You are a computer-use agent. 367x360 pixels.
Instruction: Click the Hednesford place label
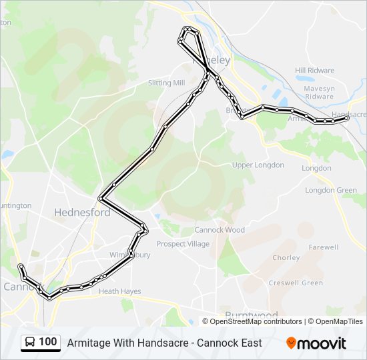tap(82, 213)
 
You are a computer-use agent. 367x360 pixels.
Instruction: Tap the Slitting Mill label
tap(166, 83)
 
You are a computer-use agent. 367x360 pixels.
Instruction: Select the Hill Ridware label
tap(315, 70)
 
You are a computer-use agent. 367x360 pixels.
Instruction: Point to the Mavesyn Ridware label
tap(318, 92)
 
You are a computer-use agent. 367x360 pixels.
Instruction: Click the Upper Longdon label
tap(258, 165)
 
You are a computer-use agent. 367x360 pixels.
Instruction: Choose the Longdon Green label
tap(331, 190)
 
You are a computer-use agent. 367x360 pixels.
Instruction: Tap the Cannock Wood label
tap(220, 230)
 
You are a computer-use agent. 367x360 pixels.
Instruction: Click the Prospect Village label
tap(183, 244)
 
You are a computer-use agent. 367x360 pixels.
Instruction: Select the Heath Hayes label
tap(119, 291)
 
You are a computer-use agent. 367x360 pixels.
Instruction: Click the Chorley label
tap(286, 257)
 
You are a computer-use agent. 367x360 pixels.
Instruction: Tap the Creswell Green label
tap(296, 283)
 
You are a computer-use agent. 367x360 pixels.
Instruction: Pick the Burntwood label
tap(252, 315)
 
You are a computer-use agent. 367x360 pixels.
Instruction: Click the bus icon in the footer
tap(30, 343)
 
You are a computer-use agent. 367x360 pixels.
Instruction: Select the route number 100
tap(48, 342)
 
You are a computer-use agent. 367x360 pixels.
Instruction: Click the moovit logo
tap(316, 343)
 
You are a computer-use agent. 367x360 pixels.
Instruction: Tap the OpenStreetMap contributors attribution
tap(256, 321)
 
